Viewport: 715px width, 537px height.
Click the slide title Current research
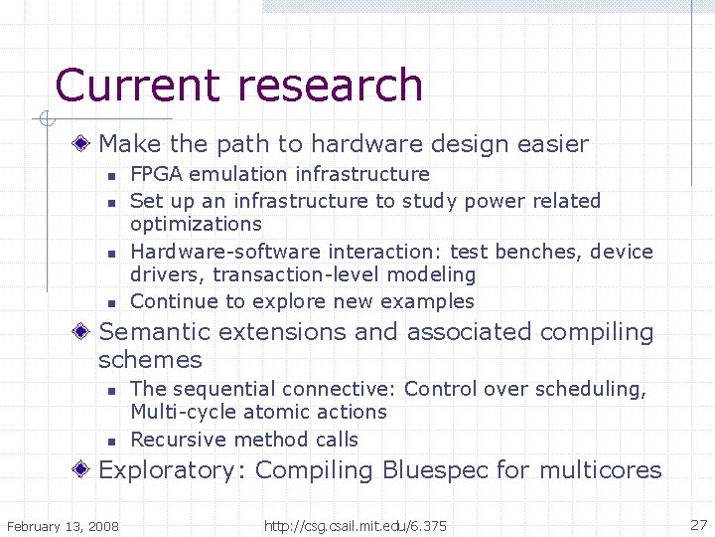[x=239, y=86]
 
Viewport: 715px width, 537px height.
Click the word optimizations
[x=196, y=225]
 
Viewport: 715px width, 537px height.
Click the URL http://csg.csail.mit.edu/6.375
[x=355, y=525]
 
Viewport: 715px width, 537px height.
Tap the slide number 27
[x=698, y=524]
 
